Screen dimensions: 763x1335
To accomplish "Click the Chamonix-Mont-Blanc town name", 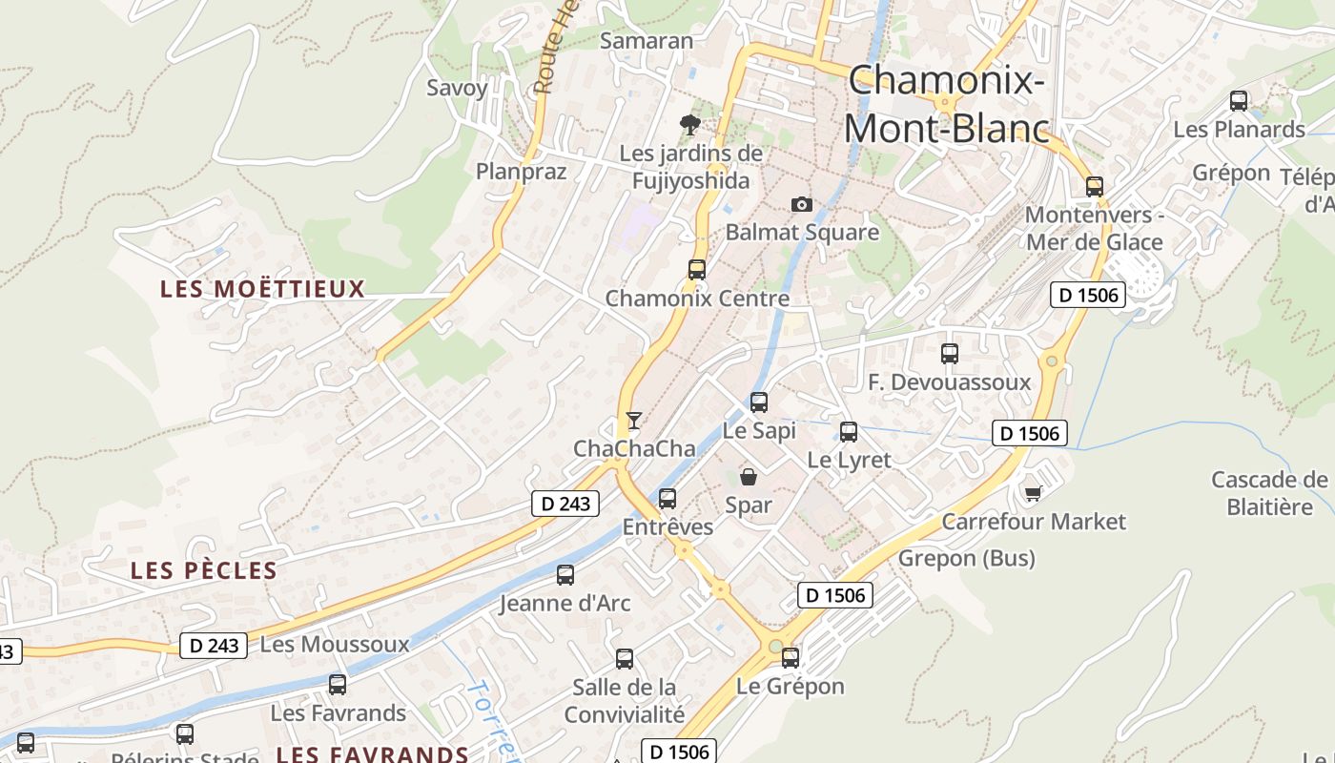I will [x=946, y=104].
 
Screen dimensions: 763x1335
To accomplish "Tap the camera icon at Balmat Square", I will [x=802, y=204].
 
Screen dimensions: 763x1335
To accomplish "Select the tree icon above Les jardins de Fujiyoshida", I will [x=689, y=124].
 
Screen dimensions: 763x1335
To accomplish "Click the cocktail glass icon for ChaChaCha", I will [x=633, y=420].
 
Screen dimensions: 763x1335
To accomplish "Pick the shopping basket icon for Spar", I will [x=749, y=476].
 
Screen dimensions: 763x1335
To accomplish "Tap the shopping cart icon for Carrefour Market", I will [x=1033, y=492].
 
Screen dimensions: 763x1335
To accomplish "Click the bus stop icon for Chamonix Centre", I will [x=697, y=269].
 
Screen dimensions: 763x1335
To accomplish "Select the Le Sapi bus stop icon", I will [x=759, y=402].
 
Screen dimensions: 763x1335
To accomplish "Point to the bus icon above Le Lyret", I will [x=849, y=431].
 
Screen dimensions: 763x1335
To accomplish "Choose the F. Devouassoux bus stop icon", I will [x=950, y=354].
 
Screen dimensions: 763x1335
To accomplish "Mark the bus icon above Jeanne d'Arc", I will [x=565, y=575].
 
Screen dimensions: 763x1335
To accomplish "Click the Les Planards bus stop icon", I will [x=1239, y=100].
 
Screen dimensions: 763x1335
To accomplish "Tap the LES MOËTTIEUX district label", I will [x=262, y=289].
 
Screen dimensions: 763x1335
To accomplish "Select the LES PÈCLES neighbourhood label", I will [x=203, y=571].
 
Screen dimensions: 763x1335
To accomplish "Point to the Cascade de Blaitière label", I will [x=1269, y=492].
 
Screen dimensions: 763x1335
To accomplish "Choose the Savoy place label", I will [x=457, y=88].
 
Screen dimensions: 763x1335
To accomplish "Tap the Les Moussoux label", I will [x=334, y=645].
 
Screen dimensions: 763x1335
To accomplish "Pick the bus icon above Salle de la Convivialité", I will [x=625, y=658].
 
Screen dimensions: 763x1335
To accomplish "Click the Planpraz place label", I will [x=521, y=172].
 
